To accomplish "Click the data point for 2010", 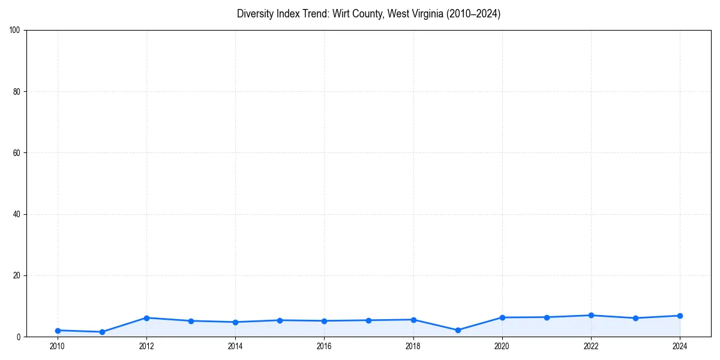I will point(58,331).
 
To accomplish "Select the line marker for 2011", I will point(102,332).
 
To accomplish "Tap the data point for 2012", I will point(146,318).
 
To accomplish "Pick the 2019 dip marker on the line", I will point(458,330).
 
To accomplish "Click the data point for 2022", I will point(591,316).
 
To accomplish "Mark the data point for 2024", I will point(680,316).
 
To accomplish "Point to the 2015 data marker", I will point(280,320).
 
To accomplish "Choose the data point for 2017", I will point(368,320).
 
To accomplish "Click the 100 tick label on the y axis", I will point(15,31).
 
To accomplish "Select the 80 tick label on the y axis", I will point(17,92).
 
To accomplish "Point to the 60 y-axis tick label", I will point(17,153).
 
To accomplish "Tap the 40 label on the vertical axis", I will point(17,214).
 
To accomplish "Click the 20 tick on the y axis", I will point(17,275).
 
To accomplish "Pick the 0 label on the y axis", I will point(19,337).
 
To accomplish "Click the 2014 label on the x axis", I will point(235,346).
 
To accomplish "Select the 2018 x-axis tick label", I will point(413,346).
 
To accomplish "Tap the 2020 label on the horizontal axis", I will point(502,346).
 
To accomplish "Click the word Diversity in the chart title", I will point(255,14).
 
